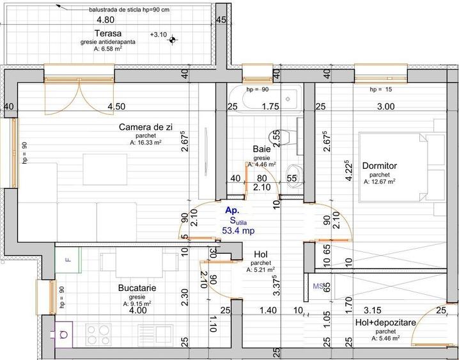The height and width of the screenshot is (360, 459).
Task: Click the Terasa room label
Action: point(108,33)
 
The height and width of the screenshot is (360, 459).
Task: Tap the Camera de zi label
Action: point(146,127)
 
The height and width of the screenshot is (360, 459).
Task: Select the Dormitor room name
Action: point(380,166)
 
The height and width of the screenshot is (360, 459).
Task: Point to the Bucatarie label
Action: point(137,288)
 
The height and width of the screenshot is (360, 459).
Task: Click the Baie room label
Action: point(261,149)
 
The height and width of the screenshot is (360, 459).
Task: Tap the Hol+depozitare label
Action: point(385,322)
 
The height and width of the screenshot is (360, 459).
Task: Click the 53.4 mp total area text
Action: point(238,231)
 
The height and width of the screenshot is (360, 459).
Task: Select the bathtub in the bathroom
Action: point(265,99)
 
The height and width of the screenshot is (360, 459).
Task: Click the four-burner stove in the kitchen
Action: point(98,335)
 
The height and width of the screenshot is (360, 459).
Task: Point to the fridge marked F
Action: point(68,260)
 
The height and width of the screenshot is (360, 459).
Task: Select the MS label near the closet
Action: point(318,286)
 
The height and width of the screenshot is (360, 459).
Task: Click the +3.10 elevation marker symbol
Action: point(173,40)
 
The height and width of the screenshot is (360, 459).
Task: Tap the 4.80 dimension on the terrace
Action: point(105,20)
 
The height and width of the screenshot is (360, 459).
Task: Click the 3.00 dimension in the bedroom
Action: point(385,107)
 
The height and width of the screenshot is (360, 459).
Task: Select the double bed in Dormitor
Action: point(402,167)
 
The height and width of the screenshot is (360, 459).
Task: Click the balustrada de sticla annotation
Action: point(129,10)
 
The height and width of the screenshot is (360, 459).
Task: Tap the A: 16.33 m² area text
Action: point(146,143)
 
